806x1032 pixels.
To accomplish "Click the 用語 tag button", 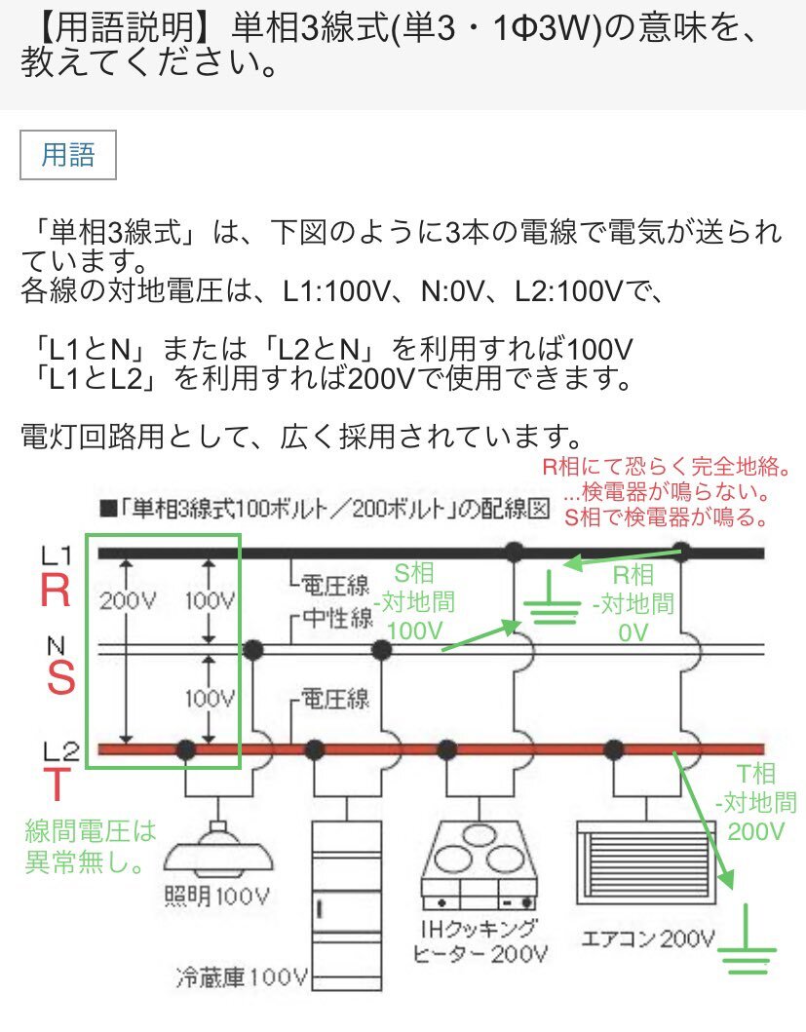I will pyautogui.click(x=68, y=155).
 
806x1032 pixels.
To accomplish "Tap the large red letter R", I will pyautogui.click(x=58, y=592).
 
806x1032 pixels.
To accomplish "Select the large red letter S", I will pyautogui.click(x=60, y=678).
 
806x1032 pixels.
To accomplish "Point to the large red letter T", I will pyautogui.click(x=58, y=783).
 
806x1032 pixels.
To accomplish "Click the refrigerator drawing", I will pyautogui.click(x=346, y=892).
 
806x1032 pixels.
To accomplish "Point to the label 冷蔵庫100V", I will pyautogui.click(x=243, y=975).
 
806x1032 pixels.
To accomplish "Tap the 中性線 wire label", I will pyautogui.click(x=336, y=620).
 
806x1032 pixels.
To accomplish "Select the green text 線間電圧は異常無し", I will pyautogui.click(x=90, y=845).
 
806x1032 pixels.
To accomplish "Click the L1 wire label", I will pyautogui.click(x=57, y=555).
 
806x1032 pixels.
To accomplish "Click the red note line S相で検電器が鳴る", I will pyautogui.click(x=665, y=517).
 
